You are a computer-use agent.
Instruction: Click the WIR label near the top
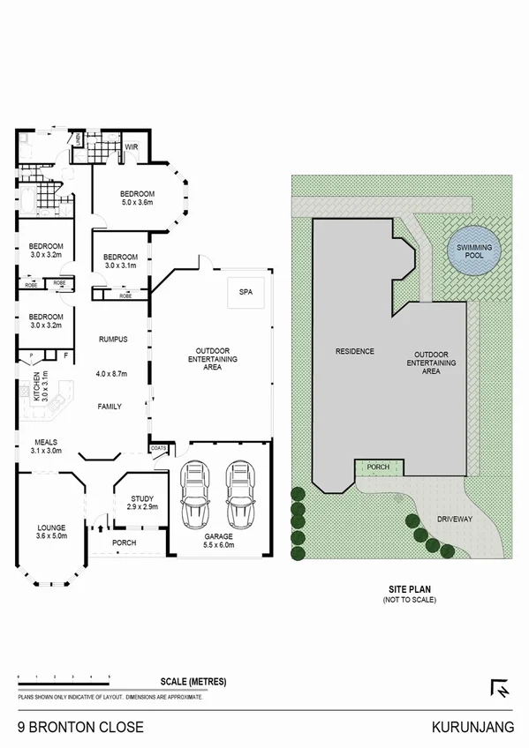(131, 146)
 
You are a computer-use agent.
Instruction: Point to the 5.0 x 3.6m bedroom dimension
(137, 203)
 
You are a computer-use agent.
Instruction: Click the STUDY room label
(141, 498)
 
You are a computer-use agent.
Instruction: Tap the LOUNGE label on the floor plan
(50, 527)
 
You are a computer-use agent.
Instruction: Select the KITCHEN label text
(36, 387)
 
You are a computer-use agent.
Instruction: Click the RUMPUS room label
(114, 339)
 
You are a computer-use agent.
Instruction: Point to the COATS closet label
(159, 447)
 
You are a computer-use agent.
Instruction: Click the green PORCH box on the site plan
(378, 467)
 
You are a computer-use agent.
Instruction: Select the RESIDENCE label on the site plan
(354, 351)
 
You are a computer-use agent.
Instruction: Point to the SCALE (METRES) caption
(194, 682)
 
